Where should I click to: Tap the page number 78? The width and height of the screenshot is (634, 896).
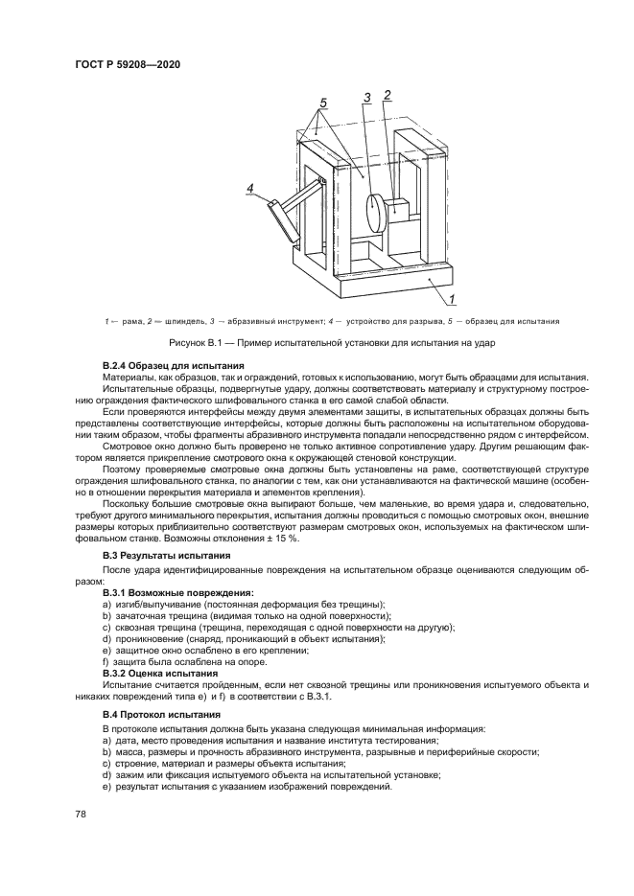(82, 814)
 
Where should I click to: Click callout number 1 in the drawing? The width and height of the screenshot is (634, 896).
(453, 298)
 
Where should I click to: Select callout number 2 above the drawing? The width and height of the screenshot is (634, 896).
(387, 96)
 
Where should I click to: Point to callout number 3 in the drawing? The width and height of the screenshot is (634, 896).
(366, 97)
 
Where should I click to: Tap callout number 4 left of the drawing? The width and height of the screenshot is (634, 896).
(250, 189)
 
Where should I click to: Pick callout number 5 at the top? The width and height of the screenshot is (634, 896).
(323, 102)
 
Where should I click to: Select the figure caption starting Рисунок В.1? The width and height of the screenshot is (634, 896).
(317, 343)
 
